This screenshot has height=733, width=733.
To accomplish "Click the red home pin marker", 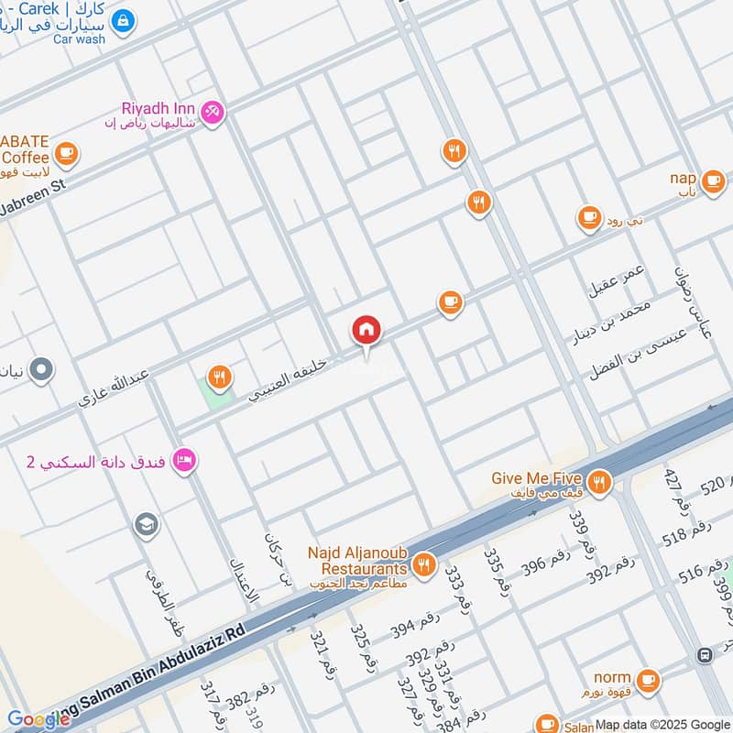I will click(366, 331).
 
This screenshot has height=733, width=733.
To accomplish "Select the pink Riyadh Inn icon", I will click(213, 112).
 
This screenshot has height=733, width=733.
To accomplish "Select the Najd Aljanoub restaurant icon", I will click(422, 564).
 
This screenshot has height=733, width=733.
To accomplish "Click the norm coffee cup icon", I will click(648, 679).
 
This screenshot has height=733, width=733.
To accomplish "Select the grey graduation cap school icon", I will click(146, 525).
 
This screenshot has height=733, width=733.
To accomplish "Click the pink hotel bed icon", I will click(184, 460).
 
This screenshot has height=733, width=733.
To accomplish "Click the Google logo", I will click(38, 719).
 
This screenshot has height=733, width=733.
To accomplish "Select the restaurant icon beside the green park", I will click(218, 376).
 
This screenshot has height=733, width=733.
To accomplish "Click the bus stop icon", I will click(704, 655).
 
